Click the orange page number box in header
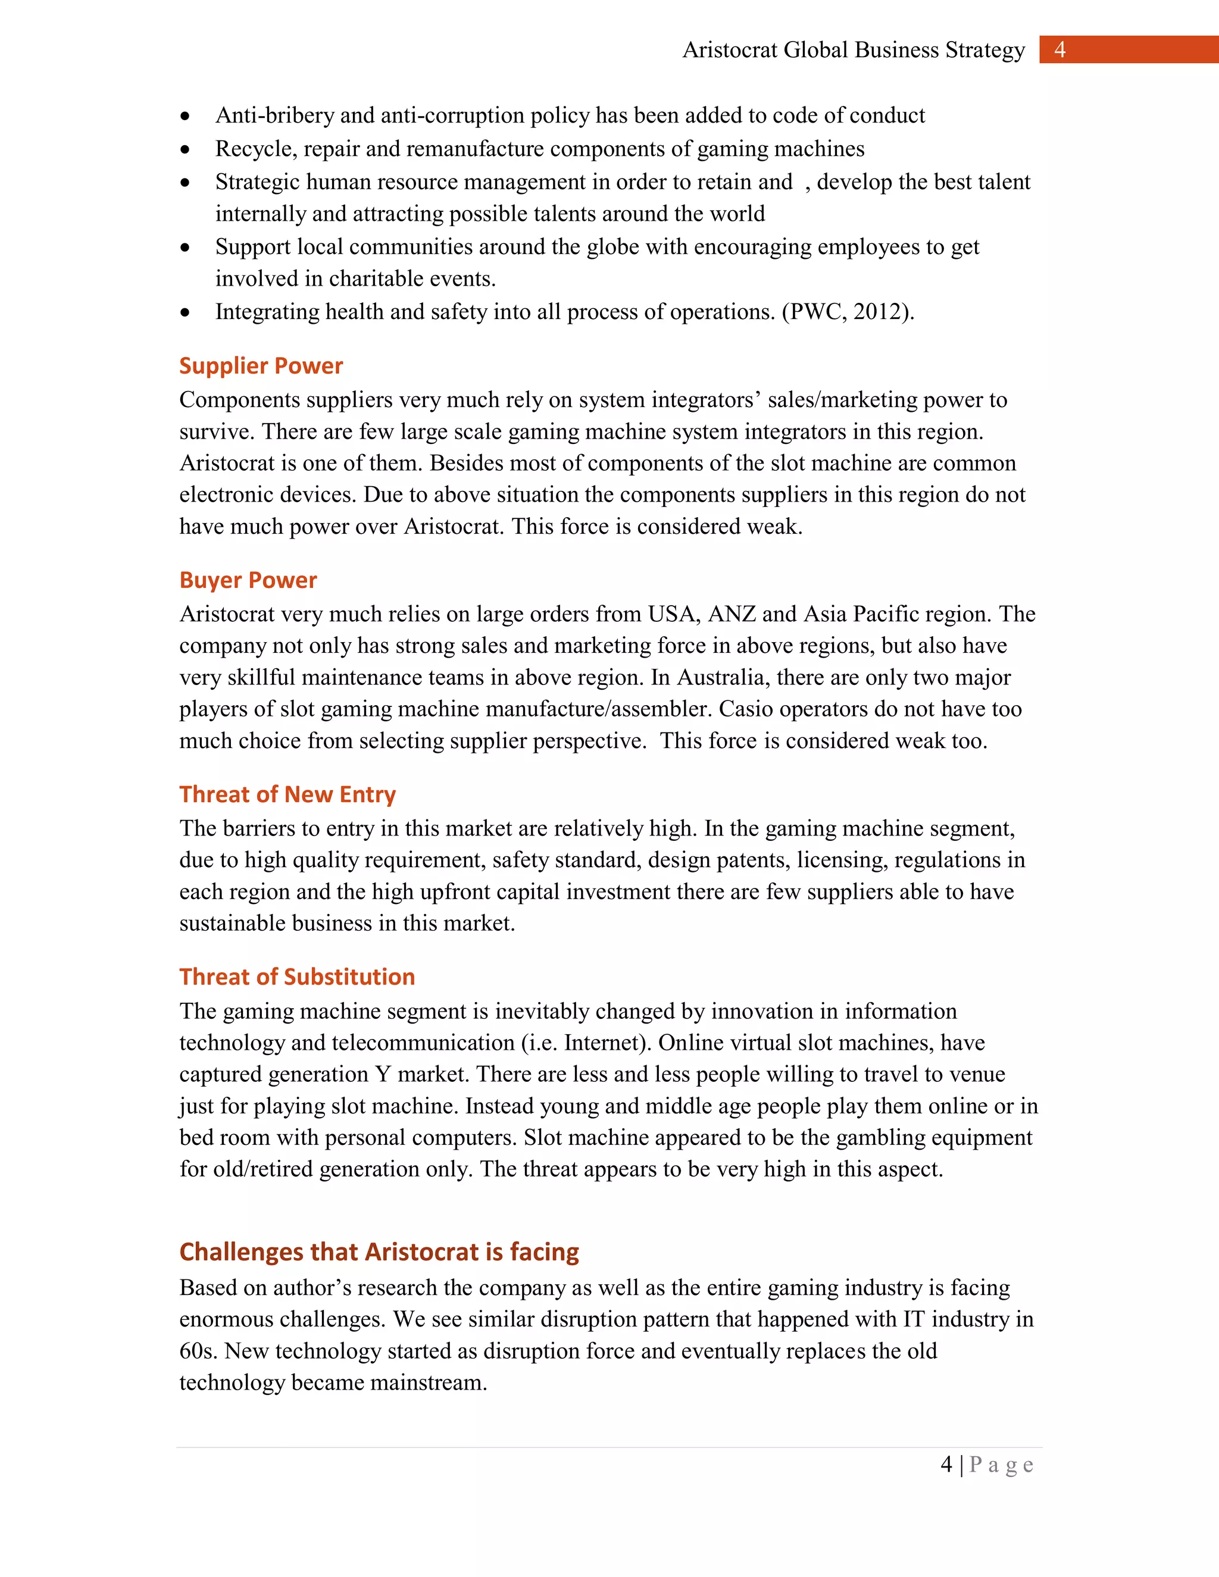point(1128,49)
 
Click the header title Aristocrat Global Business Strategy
point(853,50)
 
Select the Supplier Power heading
point(261,365)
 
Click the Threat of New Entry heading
point(287,794)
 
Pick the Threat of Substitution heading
point(297,977)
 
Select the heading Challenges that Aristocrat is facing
point(379,1251)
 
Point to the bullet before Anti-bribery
point(186,116)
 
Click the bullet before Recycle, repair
point(186,149)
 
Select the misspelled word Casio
point(742,709)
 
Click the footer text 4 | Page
point(986,1465)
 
